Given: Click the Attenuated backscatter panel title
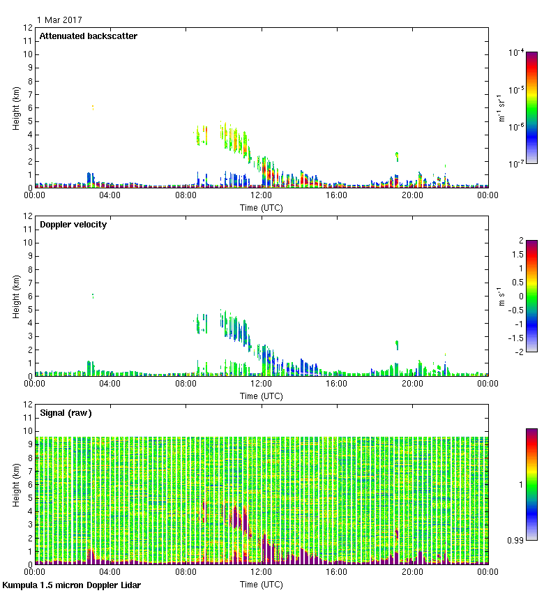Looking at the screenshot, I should point(88,36).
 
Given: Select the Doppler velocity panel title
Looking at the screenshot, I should point(73,225).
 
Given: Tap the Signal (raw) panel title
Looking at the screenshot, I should point(66,413).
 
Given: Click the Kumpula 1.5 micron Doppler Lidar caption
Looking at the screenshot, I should point(71,585).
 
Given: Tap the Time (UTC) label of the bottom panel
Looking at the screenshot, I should point(261,584).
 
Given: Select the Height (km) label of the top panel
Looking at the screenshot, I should point(16,107).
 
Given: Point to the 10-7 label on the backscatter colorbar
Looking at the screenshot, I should point(517,164).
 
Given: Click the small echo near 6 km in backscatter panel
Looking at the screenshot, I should point(92,107).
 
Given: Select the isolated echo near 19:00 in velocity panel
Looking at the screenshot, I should point(397,345).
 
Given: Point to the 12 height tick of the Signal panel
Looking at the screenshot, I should point(27,405).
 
